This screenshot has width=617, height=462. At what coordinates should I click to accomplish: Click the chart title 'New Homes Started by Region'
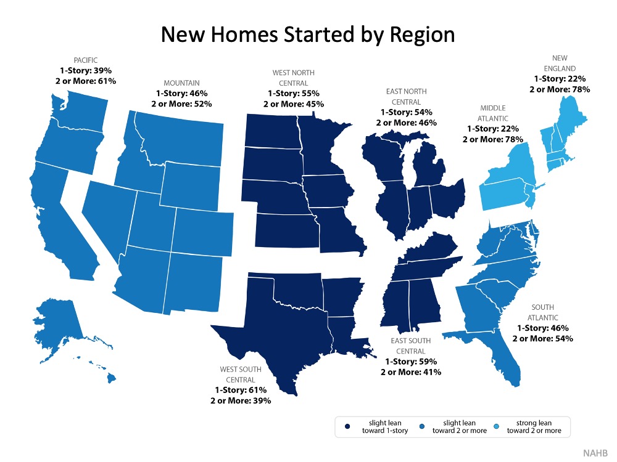[308, 34]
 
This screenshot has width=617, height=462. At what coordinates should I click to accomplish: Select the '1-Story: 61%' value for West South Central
[241, 390]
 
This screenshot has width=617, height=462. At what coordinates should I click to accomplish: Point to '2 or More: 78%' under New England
[560, 89]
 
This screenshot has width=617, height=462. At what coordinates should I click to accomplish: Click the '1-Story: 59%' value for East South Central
[411, 362]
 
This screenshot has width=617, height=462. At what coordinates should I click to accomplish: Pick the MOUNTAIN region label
[181, 83]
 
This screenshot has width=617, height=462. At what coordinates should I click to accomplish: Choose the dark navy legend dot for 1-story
[349, 426]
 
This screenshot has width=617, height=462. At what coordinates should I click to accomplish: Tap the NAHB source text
[595, 453]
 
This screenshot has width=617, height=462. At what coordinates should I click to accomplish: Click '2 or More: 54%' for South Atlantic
[543, 338]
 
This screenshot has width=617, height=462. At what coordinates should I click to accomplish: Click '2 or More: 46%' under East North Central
[407, 123]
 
